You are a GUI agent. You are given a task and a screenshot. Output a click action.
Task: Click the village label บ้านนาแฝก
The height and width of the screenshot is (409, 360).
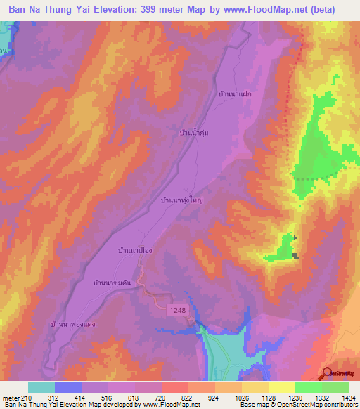click(x=236, y=93)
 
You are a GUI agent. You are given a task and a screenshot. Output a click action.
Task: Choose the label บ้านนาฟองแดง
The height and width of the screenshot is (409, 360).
click(x=73, y=324)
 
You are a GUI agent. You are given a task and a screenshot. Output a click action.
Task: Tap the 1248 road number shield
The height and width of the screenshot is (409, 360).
click(x=179, y=309)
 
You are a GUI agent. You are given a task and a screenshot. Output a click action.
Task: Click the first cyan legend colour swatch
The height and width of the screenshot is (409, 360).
click(x=41, y=387)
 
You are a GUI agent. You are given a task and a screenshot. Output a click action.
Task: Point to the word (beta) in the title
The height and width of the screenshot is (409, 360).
click(x=321, y=9)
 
